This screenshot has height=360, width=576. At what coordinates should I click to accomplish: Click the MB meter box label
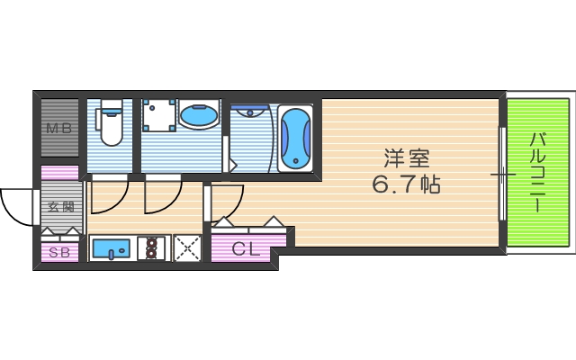(x=58, y=128)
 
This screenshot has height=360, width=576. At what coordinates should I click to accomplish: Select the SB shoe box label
(x=59, y=252)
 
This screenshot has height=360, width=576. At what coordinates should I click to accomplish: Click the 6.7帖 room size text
(x=406, y=186)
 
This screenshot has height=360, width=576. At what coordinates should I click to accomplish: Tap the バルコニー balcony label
(x=538, y=171)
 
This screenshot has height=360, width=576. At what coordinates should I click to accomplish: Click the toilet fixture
(x=111, y=124)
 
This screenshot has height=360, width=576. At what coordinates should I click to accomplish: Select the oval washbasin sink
(x=198, y=115)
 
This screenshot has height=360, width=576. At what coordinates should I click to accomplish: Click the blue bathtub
(x=294, y=138)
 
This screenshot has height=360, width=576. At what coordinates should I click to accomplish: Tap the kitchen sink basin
(x=112, y=247)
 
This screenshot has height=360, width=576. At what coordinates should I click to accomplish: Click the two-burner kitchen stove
(x=153, y=247)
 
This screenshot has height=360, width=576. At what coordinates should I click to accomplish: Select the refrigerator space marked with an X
(x=187, y=247)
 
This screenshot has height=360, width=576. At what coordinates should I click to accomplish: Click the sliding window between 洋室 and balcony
(x=501, y=171)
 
